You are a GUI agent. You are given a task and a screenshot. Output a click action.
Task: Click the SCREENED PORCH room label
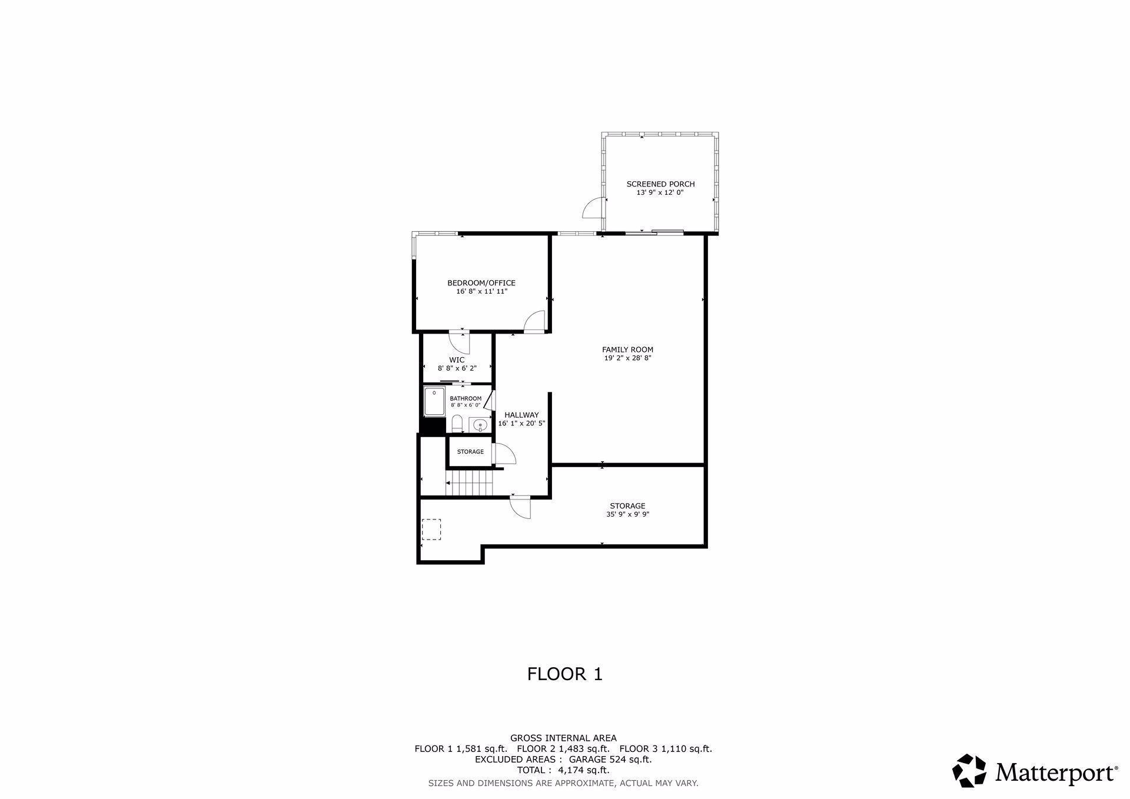pyautogui.click(x=660, y=184)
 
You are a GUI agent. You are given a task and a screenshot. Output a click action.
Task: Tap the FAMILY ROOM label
pyautogui.click(x=627, y=349)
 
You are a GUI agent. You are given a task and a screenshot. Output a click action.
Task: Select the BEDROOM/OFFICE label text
pyautogui.click(x=481, y=283)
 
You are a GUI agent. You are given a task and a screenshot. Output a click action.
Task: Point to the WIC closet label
pyautogui.click(x=457, y=360)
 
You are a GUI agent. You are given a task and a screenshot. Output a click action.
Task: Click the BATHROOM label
pyautogui.click(x=466, y=398)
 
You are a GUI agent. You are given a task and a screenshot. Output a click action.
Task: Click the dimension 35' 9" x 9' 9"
pyautogui.click(x=627, y=514)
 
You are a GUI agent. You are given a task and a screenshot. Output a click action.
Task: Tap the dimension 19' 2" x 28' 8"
pyautogui.click(x=627, y=358)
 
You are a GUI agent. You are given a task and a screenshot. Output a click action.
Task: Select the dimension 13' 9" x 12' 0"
pyautogui.click(x=660, y=192)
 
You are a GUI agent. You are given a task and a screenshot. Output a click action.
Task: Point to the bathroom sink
pyautogui.click(x=480, y=424)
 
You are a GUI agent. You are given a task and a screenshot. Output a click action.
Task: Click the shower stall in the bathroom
pyautogui.click(x=434, y=402)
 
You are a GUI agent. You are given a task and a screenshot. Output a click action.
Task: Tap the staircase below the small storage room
pyautogui.click(x=469, y=484)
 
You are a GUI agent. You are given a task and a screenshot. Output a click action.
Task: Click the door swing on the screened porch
pyautogui.click(x=592, y=208)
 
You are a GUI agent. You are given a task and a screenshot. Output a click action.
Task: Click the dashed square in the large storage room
pyautogui.click(x=431, y=529)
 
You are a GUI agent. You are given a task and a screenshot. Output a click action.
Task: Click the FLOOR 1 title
pyautogui.click(x=565, y=674)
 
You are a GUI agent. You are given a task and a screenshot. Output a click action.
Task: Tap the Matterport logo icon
pyautogui.click(x=969, y=770)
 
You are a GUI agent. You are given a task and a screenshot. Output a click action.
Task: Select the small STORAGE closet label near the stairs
pyautogui.click(x=470, y=452)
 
